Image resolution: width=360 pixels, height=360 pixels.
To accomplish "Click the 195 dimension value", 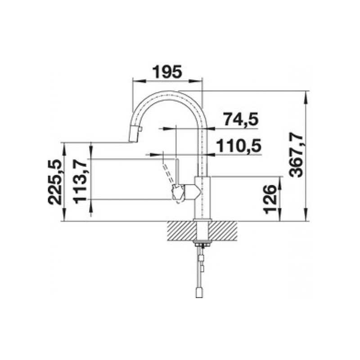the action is point(167,72).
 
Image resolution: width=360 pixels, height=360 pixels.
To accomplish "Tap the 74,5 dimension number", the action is point(241,119).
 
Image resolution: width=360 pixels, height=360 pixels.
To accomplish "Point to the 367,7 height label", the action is point(296,157).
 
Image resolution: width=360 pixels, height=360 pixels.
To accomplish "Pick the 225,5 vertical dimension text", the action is point(54,182).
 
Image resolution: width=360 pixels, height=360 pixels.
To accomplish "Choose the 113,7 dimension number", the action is point(80,182).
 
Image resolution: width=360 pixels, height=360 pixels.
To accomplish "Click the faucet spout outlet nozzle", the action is point(135,134).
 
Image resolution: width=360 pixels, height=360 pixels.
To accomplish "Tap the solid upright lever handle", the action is point(177,171).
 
